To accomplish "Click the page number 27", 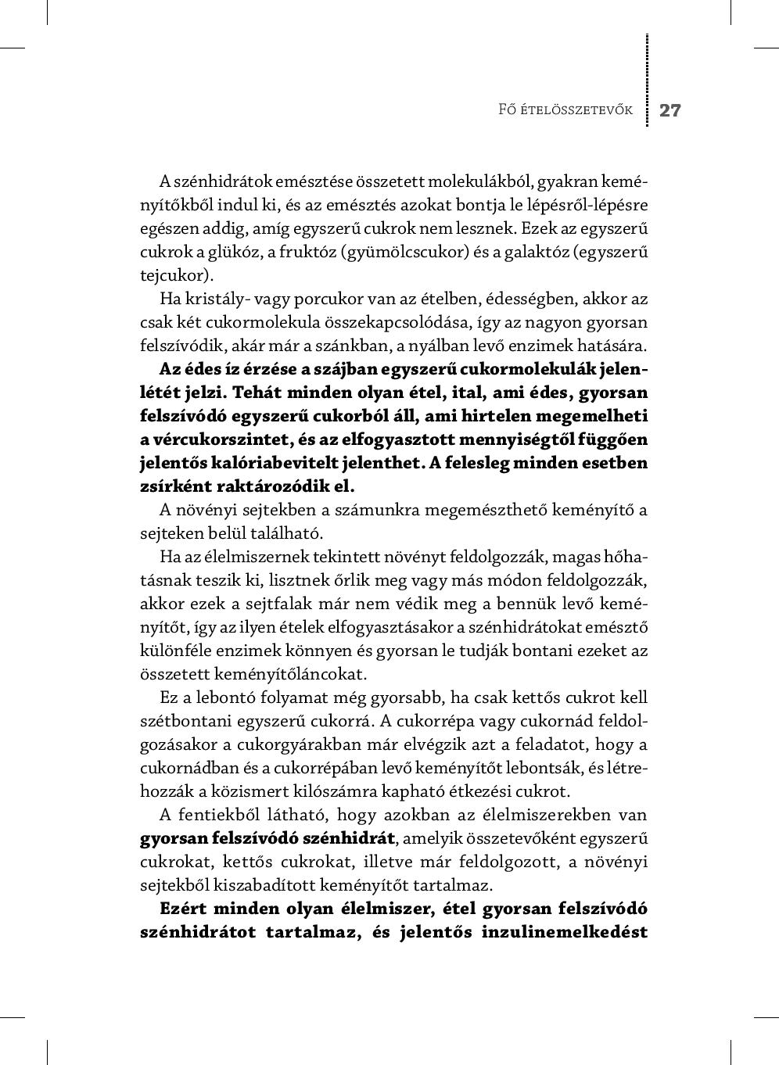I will tap(670, 110).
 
